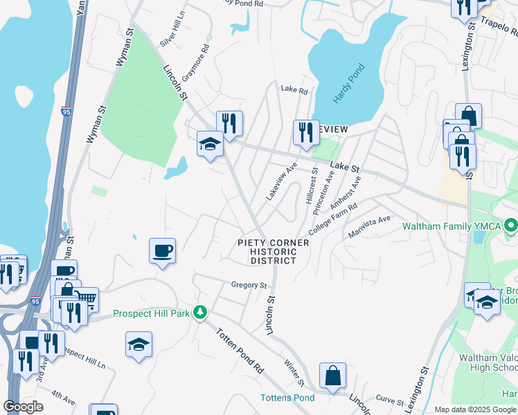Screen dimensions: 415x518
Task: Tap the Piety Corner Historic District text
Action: point(273,252)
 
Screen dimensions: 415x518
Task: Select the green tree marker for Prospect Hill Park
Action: point(200,313)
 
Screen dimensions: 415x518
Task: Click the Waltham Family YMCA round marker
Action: point(511,226)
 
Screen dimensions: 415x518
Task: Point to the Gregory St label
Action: point(249,285)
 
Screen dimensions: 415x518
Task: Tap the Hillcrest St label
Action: point(311,185)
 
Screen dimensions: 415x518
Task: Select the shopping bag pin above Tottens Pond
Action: point(332,376)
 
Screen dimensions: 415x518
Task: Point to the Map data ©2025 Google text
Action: point(475,409)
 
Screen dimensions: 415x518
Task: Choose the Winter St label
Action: point(295,370)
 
